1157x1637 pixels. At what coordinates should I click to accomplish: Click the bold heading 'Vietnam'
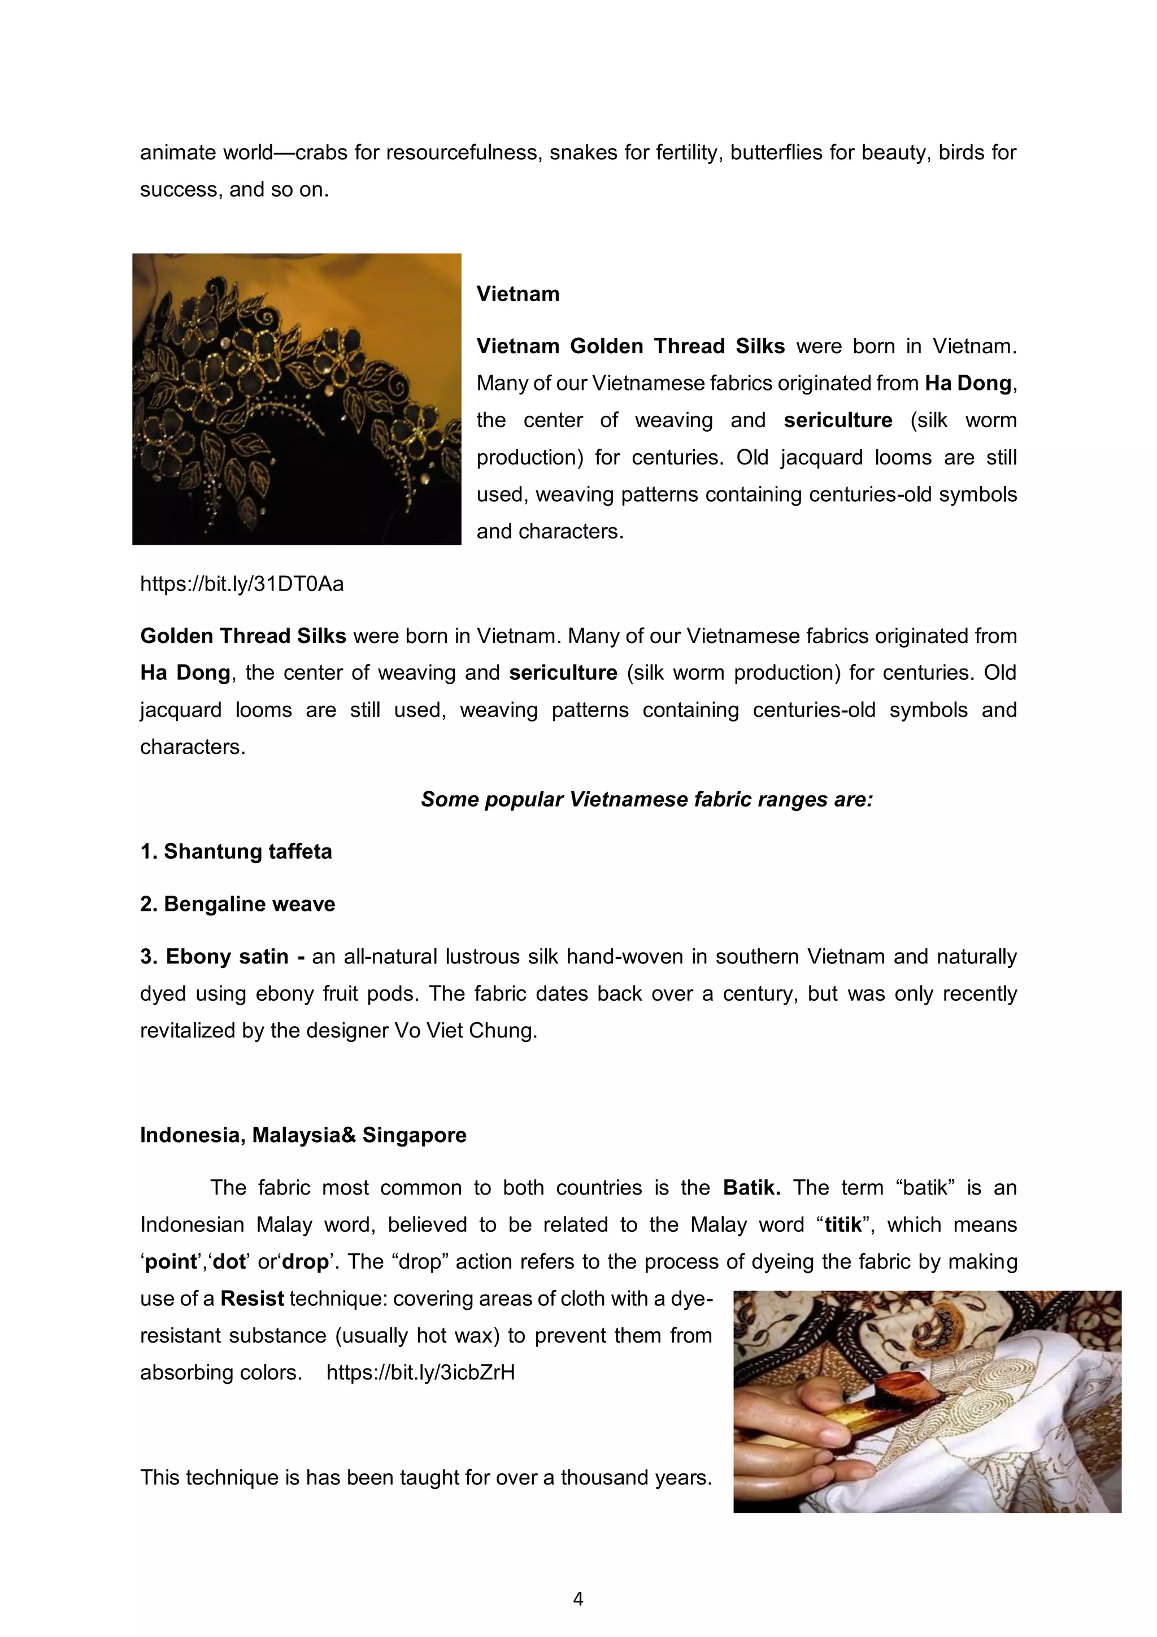[517, 294]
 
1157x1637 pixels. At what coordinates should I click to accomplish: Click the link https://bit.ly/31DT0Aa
[242, 584]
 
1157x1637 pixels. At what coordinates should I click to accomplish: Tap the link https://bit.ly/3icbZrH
[420, 1373]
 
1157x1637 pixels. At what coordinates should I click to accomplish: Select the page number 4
[578, 1599]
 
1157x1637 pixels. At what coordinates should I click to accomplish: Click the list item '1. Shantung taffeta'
[236, 852]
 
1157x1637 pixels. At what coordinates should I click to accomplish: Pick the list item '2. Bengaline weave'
[237, 904]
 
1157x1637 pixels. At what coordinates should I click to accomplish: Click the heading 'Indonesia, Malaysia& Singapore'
[303, 1135]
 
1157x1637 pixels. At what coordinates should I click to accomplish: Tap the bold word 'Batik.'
[751, 1188]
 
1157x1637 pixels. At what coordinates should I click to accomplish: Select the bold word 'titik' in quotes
[843, 1225]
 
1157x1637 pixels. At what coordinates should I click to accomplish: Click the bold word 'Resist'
[253, 1299]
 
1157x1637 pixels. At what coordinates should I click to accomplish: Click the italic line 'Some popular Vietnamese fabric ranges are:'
[647, 799]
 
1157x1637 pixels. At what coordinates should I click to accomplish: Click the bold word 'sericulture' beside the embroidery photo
[838, 420]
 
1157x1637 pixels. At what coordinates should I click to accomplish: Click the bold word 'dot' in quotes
[229, 1262]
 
